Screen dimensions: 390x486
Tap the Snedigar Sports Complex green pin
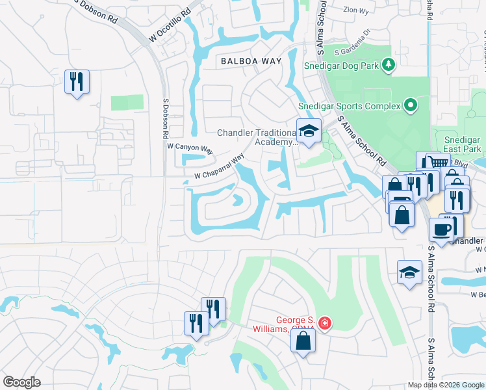tap(410, 105)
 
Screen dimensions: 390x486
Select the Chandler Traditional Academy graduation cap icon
tap(309, 130)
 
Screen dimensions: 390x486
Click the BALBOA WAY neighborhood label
tap(250, 60)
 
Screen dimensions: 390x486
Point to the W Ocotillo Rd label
tap(170, 27)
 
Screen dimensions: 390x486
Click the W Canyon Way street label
tap(190, 149)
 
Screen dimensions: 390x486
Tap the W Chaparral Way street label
tap(219, 167)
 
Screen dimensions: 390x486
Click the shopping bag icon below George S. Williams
tap(303, 341)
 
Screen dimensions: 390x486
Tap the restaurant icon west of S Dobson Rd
tap(77, 81)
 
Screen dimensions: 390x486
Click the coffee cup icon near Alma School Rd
tap(441, 229)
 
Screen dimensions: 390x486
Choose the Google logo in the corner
tap(22, 382)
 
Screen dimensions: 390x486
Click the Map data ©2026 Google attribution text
tap(446, 385)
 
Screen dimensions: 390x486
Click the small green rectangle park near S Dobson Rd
tap(127, 103)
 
